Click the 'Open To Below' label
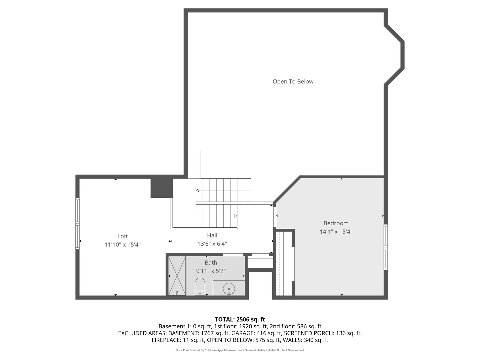[293, 82]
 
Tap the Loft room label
[122, 236]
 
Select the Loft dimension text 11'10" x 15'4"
[122, 245]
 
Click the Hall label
[212, 236]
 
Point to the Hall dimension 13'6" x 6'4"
[212, 244]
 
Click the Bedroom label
[336, 223]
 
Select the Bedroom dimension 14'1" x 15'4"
[336, 232]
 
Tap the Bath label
[211, 263]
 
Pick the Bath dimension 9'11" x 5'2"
[211, 271]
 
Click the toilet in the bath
[200, 286]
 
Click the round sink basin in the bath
[229, 288]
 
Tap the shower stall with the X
[177, 276]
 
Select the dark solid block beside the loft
[161, 188]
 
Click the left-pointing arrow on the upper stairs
[198, 190]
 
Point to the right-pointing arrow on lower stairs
[235, 216]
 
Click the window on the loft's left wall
[77, 224]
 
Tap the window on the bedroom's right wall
[385, 247]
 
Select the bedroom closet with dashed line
[283, 263]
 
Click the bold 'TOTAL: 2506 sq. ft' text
[240, 319]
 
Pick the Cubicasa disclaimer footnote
[240, 350]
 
